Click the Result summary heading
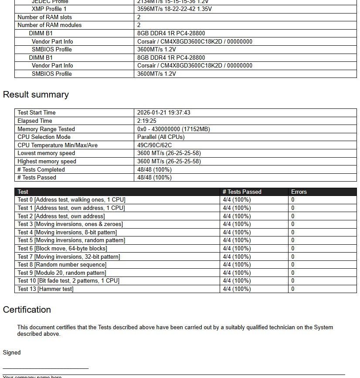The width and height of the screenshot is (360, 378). point(36,94)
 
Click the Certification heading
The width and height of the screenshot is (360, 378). point(27,310)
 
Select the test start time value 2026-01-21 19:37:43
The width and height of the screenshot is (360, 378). point(163,113)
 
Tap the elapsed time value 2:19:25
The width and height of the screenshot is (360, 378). point(147,121)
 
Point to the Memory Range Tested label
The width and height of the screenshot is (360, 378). point(46,129)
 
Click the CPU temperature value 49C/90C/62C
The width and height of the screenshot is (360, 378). point(154,145)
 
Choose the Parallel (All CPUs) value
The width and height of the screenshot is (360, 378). point(161,137)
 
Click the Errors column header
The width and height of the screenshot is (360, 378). point(299,192)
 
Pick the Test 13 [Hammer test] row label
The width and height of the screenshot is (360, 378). point(45,289)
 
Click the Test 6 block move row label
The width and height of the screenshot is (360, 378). point(62,249)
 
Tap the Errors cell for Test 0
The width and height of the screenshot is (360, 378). point(293,200)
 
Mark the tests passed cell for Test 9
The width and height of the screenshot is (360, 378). point(237,273)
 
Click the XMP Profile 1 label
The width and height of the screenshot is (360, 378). point(49,9)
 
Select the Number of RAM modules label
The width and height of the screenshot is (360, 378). point(49,25)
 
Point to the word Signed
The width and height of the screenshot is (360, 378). point(12,353)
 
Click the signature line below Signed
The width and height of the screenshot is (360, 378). point(46,369)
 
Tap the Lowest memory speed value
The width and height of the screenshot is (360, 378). point(169,153)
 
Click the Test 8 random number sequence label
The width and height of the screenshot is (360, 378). point(62,265)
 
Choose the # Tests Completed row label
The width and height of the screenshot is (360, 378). point(41,170)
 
